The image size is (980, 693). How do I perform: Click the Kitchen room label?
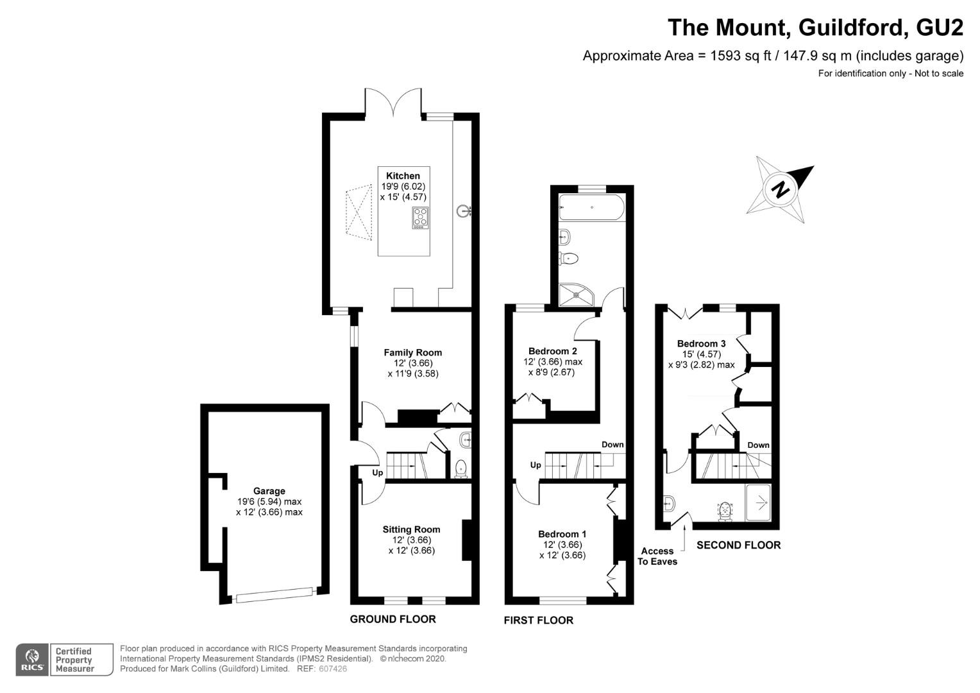point(403,176)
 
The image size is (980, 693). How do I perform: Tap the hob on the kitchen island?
point(421,218)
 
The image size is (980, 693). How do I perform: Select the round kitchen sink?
point(463,212)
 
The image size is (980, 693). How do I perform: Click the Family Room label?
point(412,352)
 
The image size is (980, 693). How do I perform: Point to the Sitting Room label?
point(411,529)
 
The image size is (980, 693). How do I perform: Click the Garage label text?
point(269,491)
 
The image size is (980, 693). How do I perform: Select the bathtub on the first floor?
point(591,207)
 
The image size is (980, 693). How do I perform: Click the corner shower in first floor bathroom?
point(577,295)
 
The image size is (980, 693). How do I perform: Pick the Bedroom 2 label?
point(553,351)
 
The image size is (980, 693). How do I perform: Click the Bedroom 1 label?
point(562,534)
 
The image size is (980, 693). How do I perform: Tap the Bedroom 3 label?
point(701,344)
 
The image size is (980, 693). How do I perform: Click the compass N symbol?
point(780,189)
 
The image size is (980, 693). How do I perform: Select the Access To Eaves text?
point(657,556)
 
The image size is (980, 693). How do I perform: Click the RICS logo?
point(32,660)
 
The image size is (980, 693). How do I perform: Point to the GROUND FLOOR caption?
point(393,619)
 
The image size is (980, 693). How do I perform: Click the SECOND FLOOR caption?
point(738,545)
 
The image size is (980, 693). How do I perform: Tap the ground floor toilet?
point(460,468)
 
